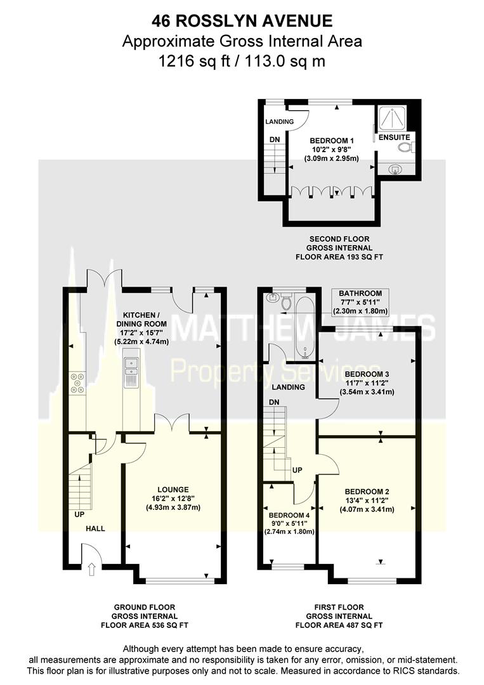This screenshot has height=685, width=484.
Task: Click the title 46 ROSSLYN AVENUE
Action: [242, 22]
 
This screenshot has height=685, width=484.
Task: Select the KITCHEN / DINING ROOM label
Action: [145, 319]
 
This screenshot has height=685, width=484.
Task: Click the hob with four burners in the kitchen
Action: [79, 382]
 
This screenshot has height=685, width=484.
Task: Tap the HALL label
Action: [95, 528]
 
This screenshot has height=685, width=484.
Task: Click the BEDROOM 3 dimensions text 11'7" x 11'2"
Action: [367, 383]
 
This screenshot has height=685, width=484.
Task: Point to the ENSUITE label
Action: [395, 137]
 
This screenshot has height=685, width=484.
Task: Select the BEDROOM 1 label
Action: [332, 140]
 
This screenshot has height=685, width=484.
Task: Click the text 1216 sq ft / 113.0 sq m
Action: [242, 61]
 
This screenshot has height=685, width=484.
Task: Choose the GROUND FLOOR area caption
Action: [145, 607]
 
